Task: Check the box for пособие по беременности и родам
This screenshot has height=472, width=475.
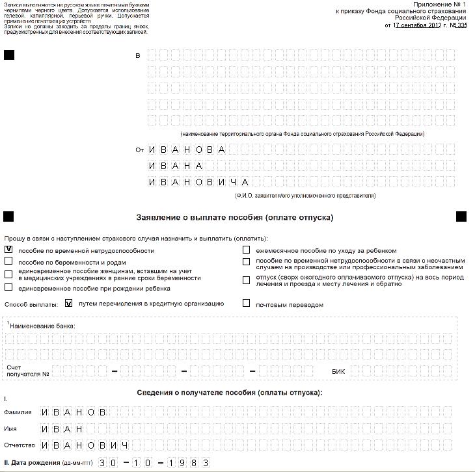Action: coord(8,261)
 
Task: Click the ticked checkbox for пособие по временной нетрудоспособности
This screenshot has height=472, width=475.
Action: coord(8,249)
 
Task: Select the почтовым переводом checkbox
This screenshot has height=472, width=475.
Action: coord(247,303)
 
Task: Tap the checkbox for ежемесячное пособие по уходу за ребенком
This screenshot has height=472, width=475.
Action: coord(247,249)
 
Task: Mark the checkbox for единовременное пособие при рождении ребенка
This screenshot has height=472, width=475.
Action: coord(8,287)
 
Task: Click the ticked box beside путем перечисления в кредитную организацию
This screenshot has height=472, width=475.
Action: coord(68,303)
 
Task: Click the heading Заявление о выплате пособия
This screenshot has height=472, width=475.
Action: coord(234,217)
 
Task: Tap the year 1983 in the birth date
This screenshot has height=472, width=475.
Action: coord(188,463)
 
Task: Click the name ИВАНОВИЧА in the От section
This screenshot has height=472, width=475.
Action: coord(198,182)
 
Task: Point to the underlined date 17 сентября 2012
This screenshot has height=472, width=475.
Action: coord(419,25)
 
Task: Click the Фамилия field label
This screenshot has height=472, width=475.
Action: coord(18,412)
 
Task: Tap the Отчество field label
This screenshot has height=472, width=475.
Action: coord(19,446)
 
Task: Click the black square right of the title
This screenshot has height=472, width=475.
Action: coord(461,216)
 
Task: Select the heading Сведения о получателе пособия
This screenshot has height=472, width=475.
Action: coord(230,393)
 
